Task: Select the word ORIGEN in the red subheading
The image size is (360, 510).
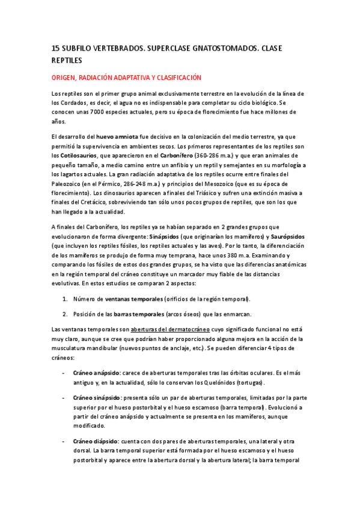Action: pyautogui.click(x=65, y=78)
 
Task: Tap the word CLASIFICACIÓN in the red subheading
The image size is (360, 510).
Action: pyautogui.click(x=175, y=78)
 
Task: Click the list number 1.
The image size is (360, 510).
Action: pyautogui.click(x=65, y=299)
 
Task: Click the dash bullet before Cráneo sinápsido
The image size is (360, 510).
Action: pyautogui.click(x=64, y=398)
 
